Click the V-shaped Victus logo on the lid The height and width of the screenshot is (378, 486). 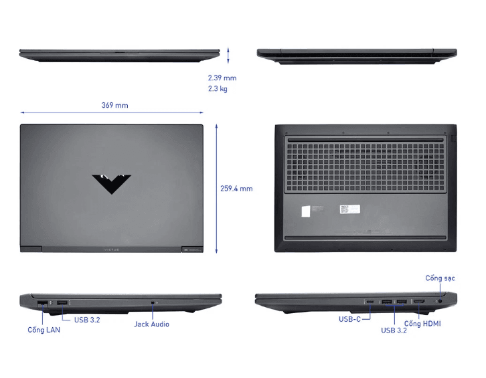point(111,183)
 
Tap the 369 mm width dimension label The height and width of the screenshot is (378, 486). point(114,105)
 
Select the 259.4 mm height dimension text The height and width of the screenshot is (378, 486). point(236,189)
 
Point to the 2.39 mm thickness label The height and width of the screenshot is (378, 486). point(222,78)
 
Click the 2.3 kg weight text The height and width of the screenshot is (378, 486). point(218,89)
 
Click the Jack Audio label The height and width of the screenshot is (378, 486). point(151,324)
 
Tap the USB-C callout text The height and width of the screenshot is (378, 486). point(349,319)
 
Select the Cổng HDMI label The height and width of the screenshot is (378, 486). point(422,324)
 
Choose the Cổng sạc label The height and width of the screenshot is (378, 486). point(440,278)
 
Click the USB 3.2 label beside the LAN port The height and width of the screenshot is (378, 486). point(87,320)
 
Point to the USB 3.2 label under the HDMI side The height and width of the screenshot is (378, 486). point(395,330)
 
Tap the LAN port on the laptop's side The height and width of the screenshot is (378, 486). point(42,305)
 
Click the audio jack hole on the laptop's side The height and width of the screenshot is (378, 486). point(155,304)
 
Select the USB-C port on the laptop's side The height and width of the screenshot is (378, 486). point(370,305)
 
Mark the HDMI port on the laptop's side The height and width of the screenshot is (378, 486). point(418,305)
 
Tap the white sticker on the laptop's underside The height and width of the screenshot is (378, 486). point(306,210)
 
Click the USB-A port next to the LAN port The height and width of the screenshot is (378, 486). point(61,305)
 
